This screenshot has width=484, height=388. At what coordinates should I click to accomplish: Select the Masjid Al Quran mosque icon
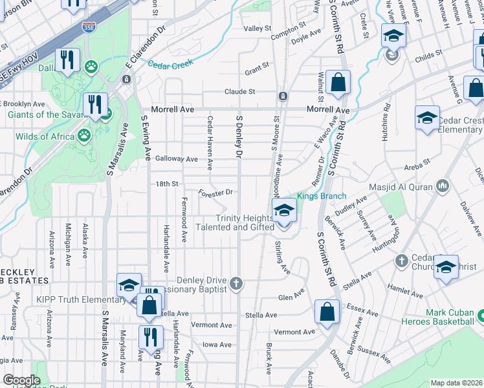pos(443,186)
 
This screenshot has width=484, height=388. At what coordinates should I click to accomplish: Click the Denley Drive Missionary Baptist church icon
pos(237,282)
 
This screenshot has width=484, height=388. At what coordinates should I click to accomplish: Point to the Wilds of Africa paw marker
pos(84,136)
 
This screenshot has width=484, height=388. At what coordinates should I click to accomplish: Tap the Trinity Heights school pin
pos(283,211)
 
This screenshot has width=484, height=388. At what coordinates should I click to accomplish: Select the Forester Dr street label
pos(215,192)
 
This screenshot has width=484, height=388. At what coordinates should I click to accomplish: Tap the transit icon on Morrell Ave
pos(283,96)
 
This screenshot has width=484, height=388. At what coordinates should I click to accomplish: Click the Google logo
pos(21,380)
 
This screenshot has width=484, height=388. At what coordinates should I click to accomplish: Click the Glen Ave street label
pos(291,297)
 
